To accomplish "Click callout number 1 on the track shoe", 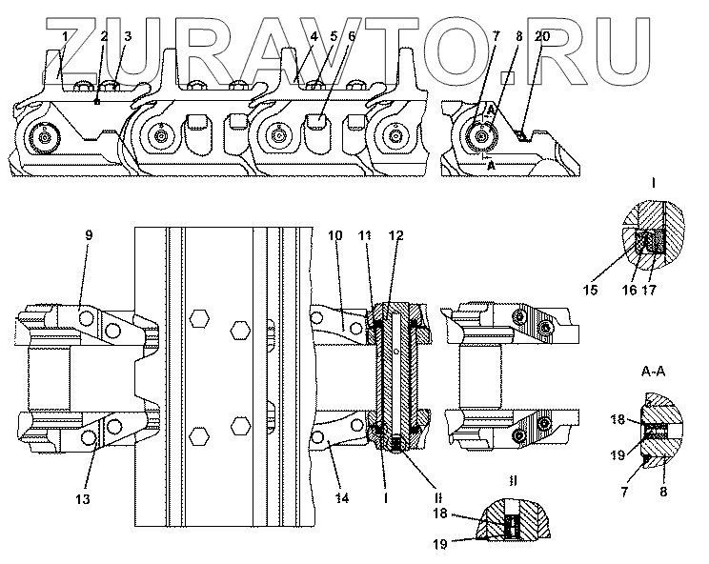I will click(64, 37).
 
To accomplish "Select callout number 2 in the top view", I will click(105, 37).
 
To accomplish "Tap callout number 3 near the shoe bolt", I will click(129, 37).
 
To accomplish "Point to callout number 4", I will click(313, 37).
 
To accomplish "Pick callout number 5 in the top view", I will click(334, 37).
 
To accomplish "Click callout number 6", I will click(352, 37).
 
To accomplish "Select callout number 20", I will click(543, 37).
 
